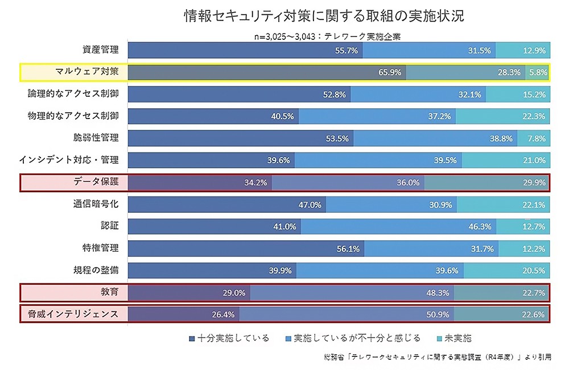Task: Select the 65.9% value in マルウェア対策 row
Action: (x=390, y=72)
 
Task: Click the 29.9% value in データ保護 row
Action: (x=534, y=183)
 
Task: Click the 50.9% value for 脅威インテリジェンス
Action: (x=438, y=314)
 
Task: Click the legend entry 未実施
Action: (x=456, y=338)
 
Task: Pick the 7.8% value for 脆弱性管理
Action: (x=537, y=138)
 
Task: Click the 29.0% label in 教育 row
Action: (x=233, y=293)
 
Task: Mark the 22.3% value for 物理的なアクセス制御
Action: (x=534, y=116)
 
